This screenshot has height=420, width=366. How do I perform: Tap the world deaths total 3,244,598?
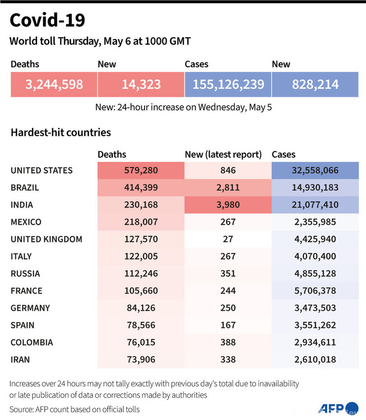pos(54,84)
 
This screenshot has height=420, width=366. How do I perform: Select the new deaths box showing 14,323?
pos(141,84)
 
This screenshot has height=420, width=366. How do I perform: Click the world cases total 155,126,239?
pos(228,84)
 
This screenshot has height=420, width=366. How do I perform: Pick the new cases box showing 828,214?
pos(315,84)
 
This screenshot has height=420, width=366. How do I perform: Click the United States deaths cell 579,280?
pos(141,171)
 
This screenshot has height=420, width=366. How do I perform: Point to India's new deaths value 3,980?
pos(228,205)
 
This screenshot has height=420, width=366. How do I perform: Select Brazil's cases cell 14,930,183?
pos(315,188)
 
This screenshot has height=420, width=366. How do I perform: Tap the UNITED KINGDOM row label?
pos(47,239)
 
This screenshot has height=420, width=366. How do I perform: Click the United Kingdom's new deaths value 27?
pos(228,239)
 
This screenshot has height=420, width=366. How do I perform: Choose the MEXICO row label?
pos(26,222)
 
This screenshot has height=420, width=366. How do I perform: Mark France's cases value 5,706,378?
pos(315,291)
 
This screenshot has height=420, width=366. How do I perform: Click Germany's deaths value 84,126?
pos(141,308)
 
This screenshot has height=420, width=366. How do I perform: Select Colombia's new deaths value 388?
pos(228,342)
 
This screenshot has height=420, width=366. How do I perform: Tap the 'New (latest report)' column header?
pos(223,154)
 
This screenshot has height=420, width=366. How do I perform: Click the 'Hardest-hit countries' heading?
pos(60,133)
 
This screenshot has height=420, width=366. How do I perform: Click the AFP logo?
pos(332,408)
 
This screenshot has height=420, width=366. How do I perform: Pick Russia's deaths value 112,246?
pos(141,274)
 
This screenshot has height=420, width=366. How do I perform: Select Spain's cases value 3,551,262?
pos(315,325)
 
